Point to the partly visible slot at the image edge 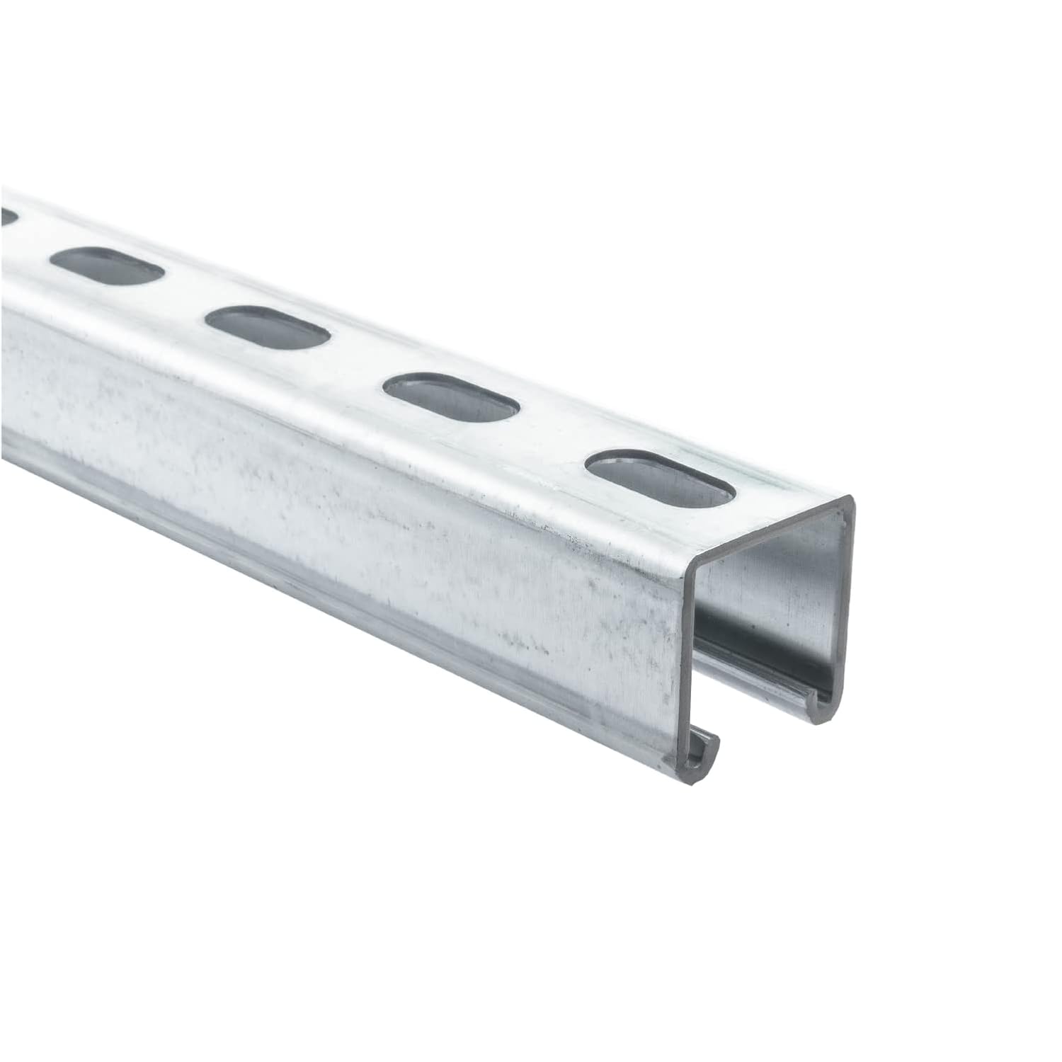(7, 217)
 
